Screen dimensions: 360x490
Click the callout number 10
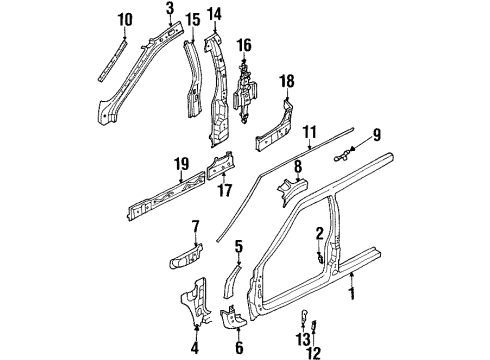(124, 19)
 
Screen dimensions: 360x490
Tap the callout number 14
(213, 14)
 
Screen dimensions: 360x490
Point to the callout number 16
(243, 45)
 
